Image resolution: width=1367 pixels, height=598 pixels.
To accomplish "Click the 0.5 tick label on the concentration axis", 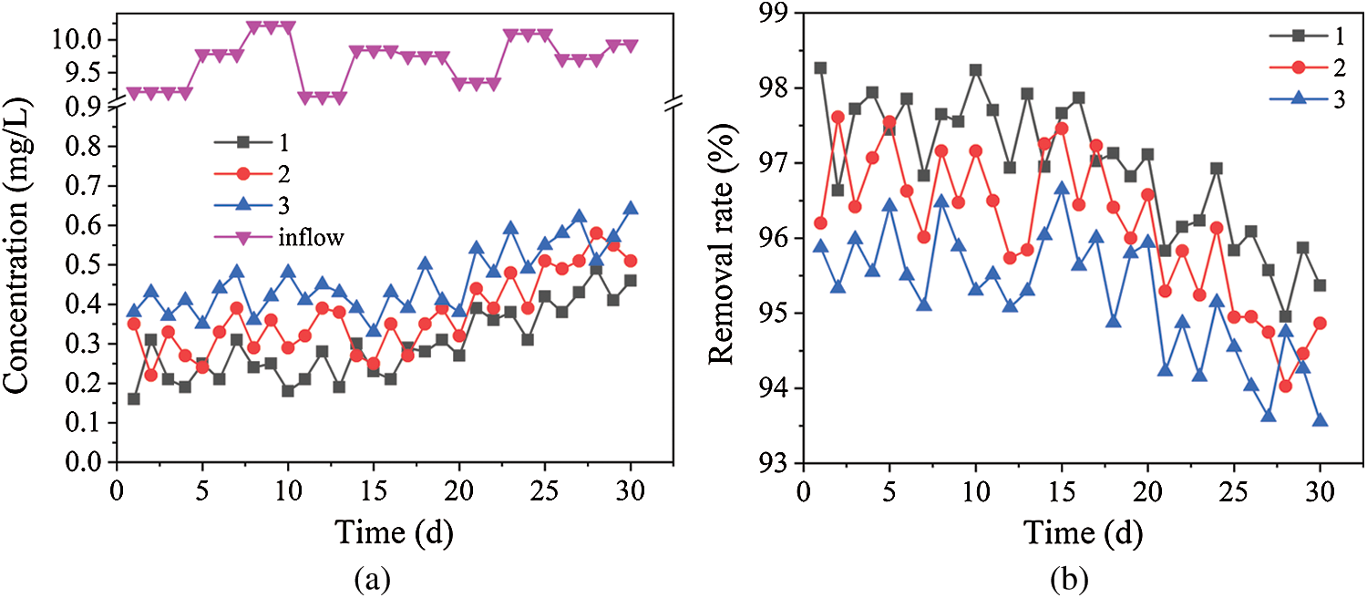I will (x=83, y=265).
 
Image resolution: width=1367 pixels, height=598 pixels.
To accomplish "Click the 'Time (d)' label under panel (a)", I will (x=390, y=528).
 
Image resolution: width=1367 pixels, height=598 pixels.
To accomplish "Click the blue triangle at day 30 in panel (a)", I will (x=630, y=208).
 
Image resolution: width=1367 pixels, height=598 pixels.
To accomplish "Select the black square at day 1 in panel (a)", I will (x=134, y=398).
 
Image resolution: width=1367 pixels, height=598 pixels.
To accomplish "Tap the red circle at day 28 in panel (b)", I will (x=1285, y=386).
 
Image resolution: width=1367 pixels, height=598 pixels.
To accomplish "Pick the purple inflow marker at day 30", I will (x=630, y=46).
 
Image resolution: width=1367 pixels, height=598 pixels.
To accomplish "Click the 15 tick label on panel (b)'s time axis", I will (x=1061, y=490).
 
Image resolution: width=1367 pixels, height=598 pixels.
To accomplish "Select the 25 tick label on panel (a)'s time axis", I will (x=545, y=490).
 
